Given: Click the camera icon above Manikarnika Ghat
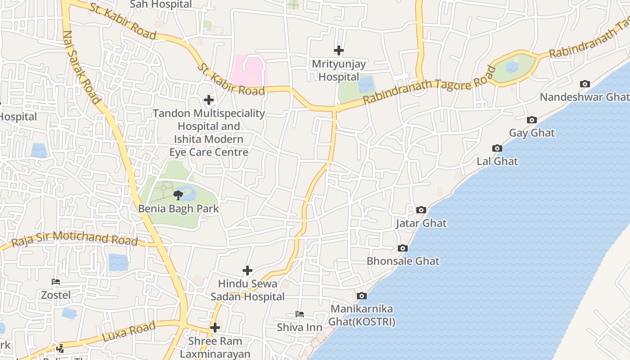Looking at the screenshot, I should point(361,296).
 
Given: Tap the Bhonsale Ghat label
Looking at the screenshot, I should point(403,261).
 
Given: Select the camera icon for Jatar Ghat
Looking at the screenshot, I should point(421,210).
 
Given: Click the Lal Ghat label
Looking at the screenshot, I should point(497,161).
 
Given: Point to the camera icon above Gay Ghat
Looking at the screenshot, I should point(532,120).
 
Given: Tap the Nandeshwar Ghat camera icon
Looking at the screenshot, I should point(585,84).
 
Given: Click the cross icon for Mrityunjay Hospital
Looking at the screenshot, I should point(339,51).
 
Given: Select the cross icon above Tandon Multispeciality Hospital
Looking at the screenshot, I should point(209,100).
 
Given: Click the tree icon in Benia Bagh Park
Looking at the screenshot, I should point(178,195).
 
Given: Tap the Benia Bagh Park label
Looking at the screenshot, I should point(179,209).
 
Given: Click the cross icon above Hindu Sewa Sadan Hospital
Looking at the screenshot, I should point(247,270).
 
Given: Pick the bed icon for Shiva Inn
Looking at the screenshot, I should point(300,314).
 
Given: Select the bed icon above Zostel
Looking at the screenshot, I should point(56,282).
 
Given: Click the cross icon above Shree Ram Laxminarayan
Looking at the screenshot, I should point(215,328).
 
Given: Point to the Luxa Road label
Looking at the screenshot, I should point(129,332).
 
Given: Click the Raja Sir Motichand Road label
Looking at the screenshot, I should point(74,238).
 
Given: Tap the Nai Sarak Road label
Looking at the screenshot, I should point(81,67).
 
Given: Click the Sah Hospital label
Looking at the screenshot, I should point(161,4).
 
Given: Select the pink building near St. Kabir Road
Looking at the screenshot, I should point(248,70).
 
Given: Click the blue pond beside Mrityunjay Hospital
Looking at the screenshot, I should point(366,85).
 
